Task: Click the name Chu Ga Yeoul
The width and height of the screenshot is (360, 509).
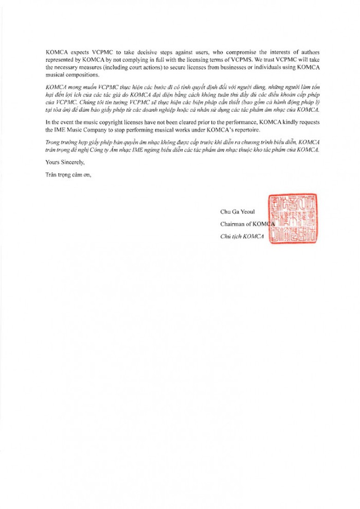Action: click(x=236, y=212)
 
